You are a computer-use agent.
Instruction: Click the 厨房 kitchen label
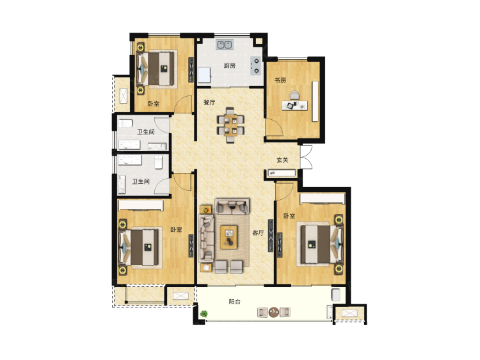(230, 65)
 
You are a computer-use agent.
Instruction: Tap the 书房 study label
(280, 80)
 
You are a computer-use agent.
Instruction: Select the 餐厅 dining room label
(209, 102)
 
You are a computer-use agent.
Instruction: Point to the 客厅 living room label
(258, 233)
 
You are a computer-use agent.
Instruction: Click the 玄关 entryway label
(282, 160)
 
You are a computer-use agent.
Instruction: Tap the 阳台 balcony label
(235, 302)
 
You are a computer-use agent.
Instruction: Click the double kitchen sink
(225, 45)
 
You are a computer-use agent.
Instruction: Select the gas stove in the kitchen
(255, 66)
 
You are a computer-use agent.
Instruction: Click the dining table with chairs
(230, 125)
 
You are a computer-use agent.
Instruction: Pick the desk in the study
(295, 106)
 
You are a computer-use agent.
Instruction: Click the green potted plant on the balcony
(204, 313)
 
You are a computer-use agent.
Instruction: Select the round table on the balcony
(274, 312)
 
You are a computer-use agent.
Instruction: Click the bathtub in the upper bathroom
(129, 145)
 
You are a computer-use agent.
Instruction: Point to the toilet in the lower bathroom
(158, 162)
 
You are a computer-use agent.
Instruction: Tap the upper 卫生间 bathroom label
(145, 132)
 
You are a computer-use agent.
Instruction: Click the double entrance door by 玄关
(306, 157)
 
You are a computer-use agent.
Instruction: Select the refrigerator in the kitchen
(204, 76)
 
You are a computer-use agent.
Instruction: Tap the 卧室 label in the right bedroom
(289, 216)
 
